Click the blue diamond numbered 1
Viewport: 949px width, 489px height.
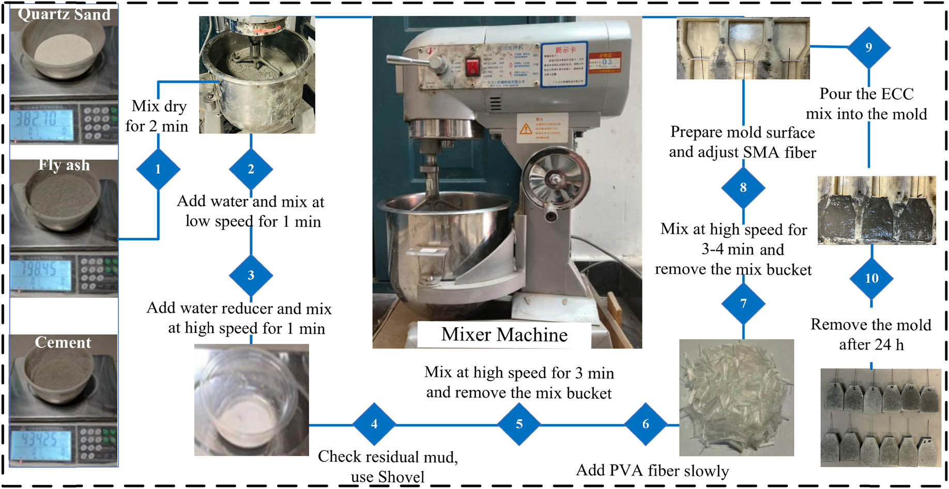coord(158,169)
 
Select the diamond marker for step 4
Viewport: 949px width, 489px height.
coord(374,424)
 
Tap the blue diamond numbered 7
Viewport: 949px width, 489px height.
coord(743,303)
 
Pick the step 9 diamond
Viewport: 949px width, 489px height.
coord(868,48)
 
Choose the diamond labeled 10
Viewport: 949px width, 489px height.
coord(871,279)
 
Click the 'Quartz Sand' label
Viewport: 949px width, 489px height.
coord(64,14)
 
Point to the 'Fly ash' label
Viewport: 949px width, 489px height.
coord(64,165)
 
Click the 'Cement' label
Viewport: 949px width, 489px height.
coord(63,342)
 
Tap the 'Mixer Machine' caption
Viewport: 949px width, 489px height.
coord(504,334)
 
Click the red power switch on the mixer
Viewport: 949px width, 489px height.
coord(472,67)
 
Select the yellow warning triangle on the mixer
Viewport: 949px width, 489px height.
coord(526,128)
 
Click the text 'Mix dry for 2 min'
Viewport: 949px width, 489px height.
coord(157,116)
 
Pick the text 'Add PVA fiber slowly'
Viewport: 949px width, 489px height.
coord(652,470)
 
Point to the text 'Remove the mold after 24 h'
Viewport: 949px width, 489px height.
coord(871,334)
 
